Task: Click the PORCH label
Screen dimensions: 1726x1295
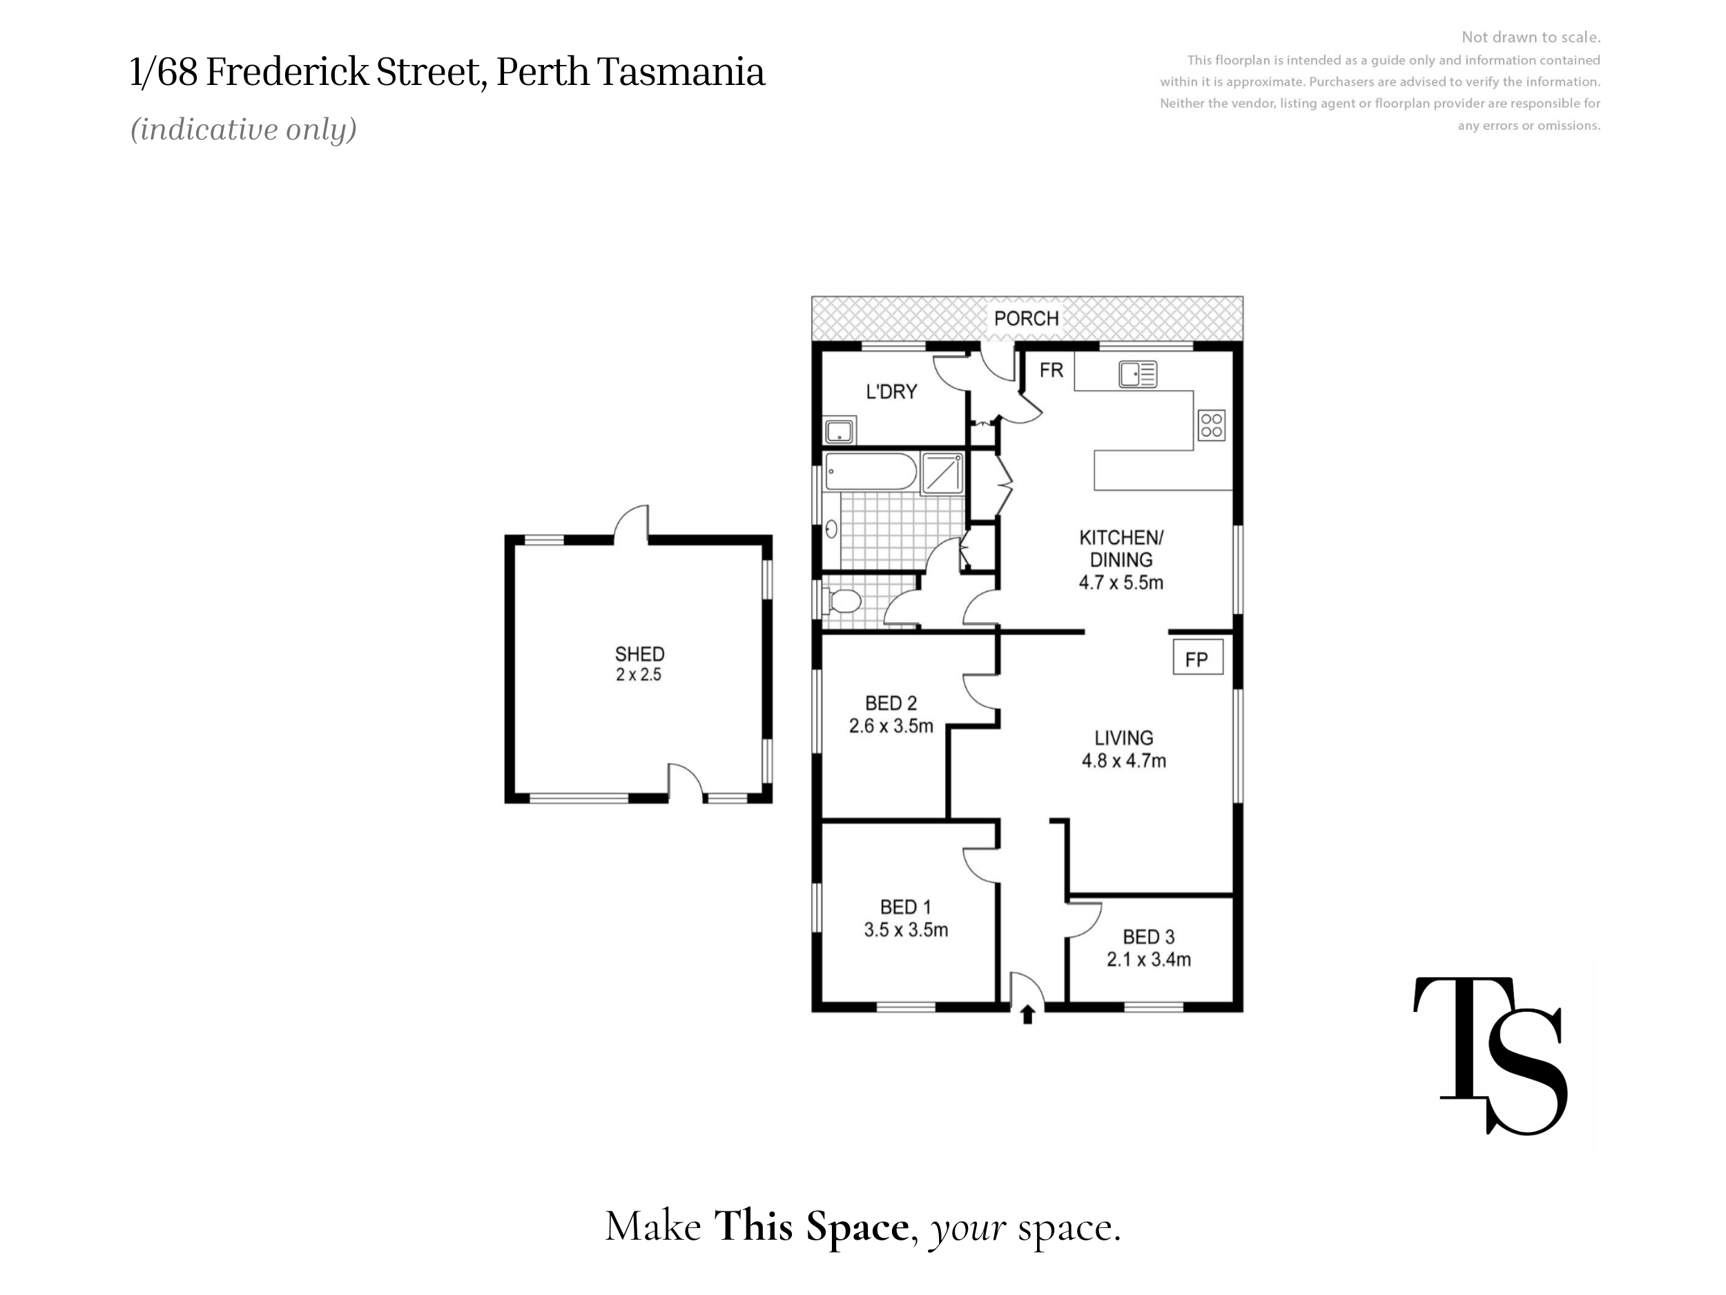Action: [1026, 318]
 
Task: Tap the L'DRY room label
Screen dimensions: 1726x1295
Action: [891, 392]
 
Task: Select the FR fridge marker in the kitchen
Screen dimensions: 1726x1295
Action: [1051, 370]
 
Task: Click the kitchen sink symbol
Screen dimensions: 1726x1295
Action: [1138, 374]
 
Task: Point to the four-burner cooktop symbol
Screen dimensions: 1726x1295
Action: [1212, 425]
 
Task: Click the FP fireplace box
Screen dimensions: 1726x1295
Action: [1198, 658]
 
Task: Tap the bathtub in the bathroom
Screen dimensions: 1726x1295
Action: [871, 472]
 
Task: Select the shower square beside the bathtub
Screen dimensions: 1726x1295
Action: [942, 473]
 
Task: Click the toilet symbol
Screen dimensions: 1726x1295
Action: [842, 602]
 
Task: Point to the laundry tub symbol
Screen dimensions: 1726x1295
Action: [840, 431]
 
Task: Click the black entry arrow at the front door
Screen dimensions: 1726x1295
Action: [1027, 1014]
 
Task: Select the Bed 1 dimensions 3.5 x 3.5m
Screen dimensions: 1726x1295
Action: [906, 930]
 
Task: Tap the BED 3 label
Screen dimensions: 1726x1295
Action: [1149, 937]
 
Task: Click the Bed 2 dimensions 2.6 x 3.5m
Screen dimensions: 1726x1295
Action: [891, 726]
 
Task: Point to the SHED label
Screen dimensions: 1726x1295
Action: [639, 654]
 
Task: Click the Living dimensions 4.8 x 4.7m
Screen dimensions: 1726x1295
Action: [1123, 760]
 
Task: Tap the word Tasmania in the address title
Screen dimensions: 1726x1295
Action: [681, 72]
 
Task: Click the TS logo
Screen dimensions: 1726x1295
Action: [1491, 1055]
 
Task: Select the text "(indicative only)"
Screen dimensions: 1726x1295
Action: [244, 130]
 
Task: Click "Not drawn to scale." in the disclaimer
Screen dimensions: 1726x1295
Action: [1531, 37]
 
